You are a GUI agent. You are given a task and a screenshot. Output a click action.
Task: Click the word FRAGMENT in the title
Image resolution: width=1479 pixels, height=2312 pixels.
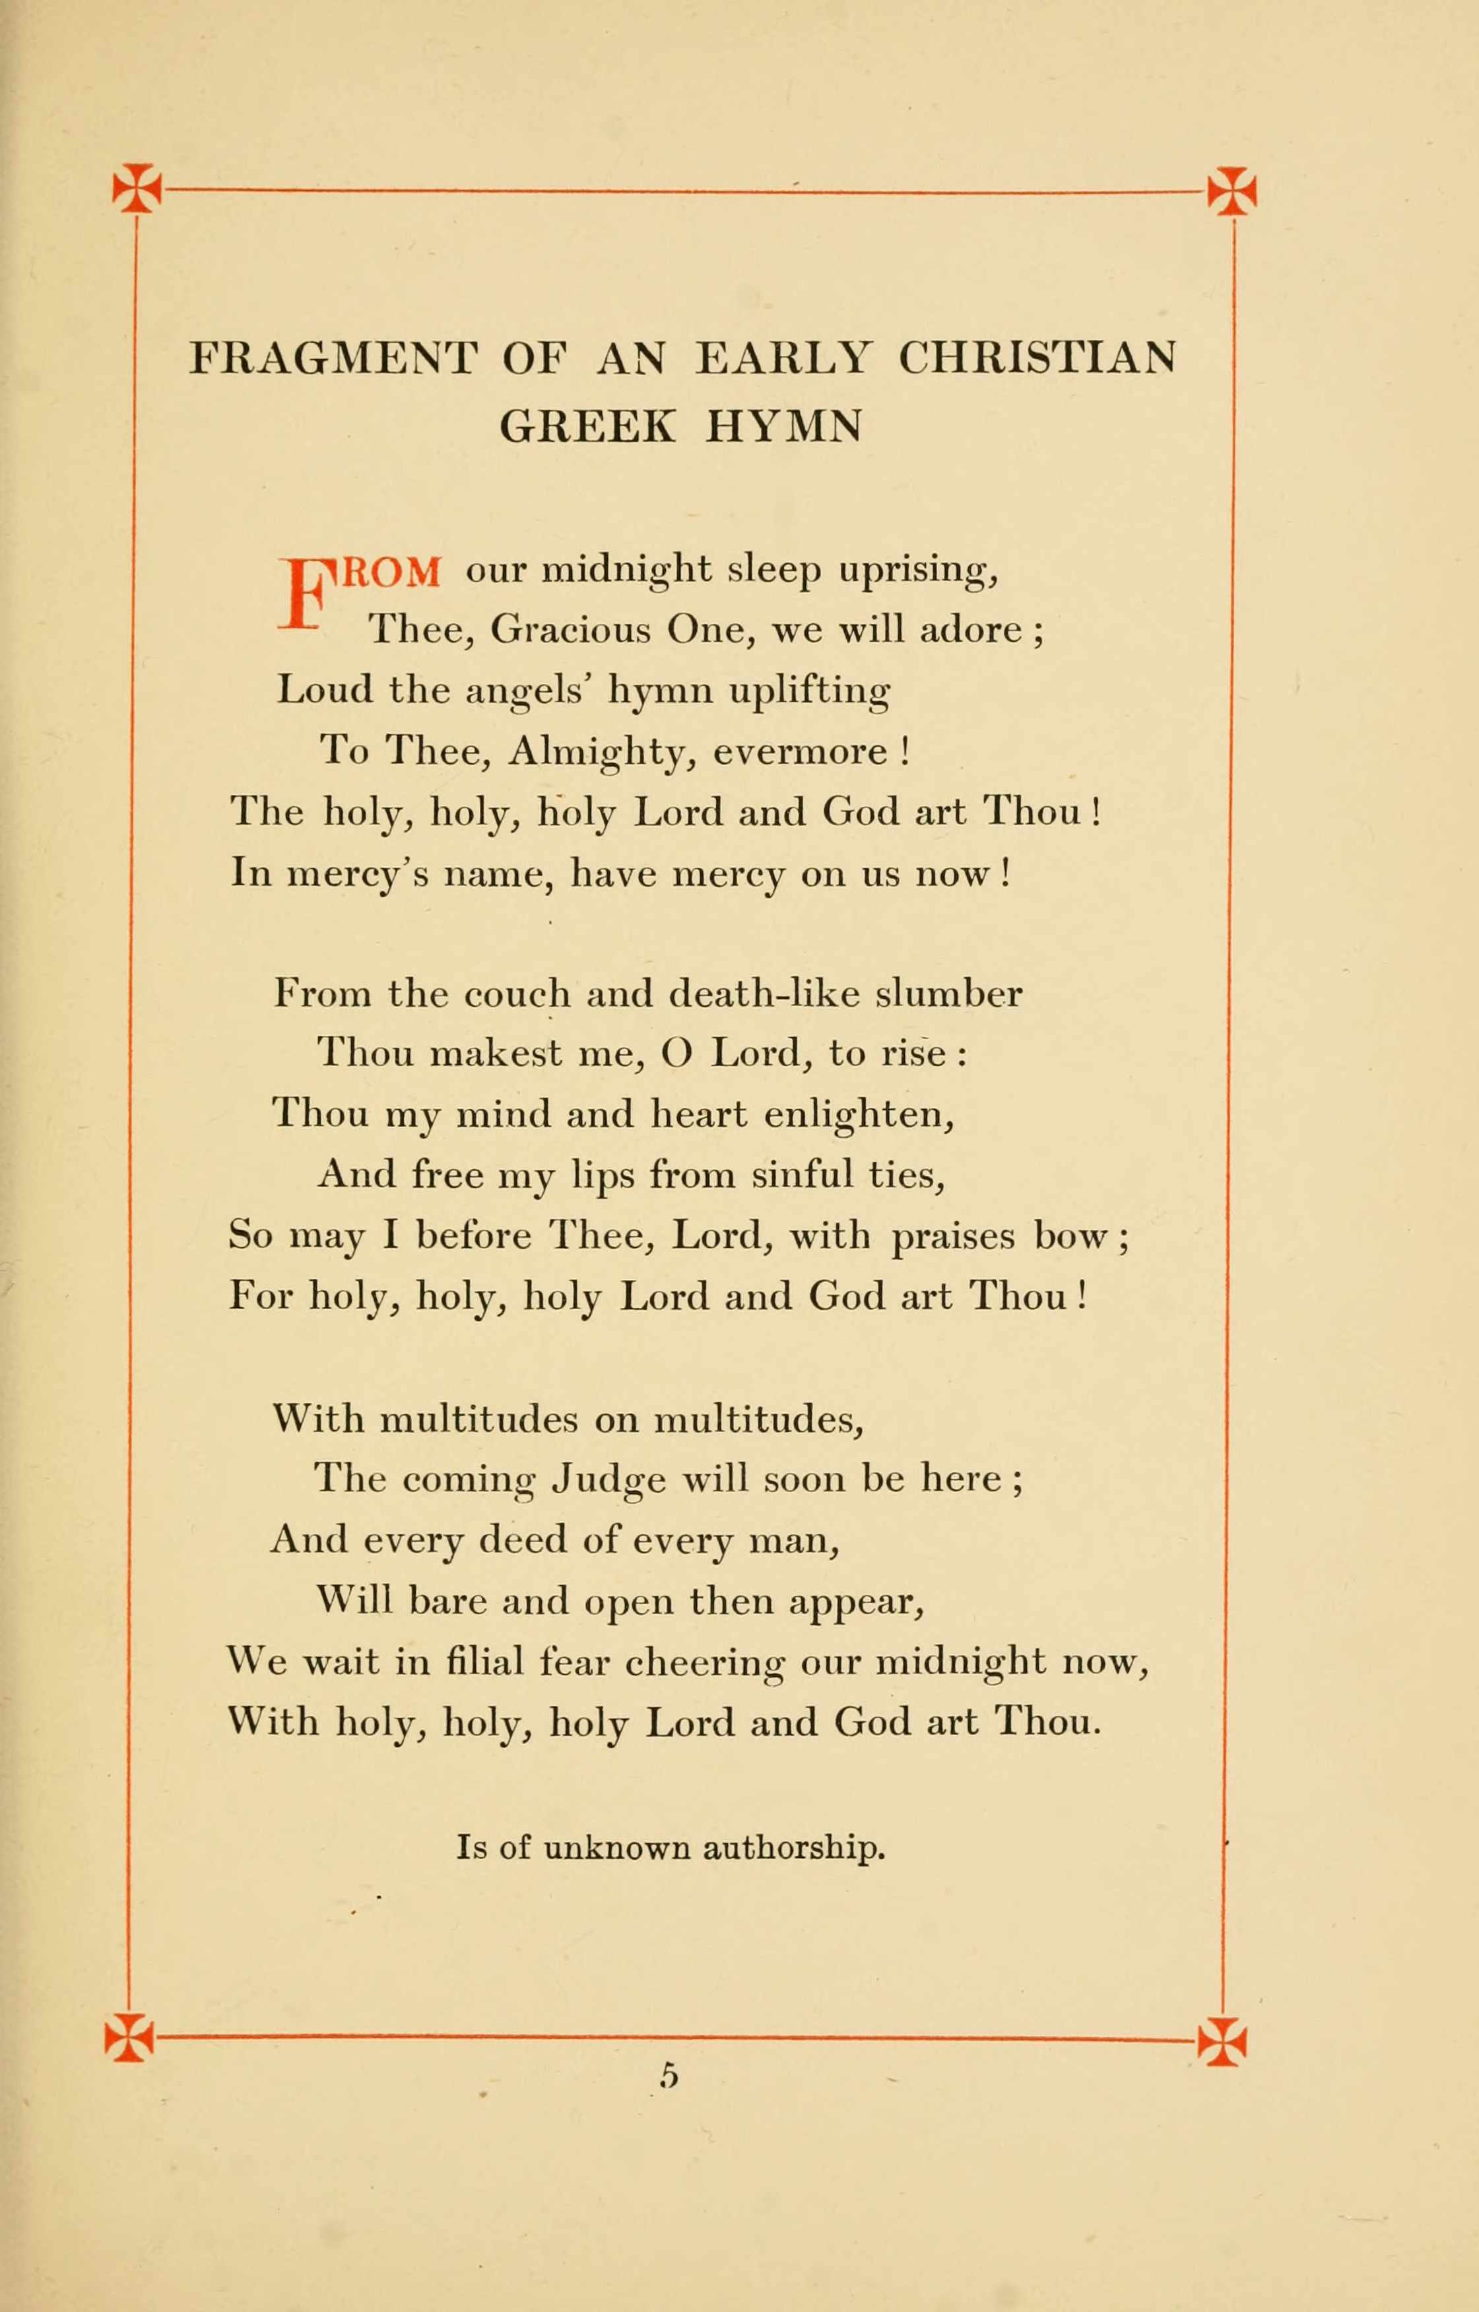332,359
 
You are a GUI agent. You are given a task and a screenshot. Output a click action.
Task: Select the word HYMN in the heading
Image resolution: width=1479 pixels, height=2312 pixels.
783,426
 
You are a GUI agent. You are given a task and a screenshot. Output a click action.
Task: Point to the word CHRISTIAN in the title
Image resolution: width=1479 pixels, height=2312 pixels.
1037,359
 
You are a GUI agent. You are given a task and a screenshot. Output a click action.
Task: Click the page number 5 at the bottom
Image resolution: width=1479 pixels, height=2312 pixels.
669,2077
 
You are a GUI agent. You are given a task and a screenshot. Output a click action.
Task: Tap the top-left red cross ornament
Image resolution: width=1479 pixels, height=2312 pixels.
137,188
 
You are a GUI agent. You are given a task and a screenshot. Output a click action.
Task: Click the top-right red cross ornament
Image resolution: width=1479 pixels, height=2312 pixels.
1232,189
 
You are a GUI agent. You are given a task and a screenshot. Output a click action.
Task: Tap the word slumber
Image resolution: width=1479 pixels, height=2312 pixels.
949,993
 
